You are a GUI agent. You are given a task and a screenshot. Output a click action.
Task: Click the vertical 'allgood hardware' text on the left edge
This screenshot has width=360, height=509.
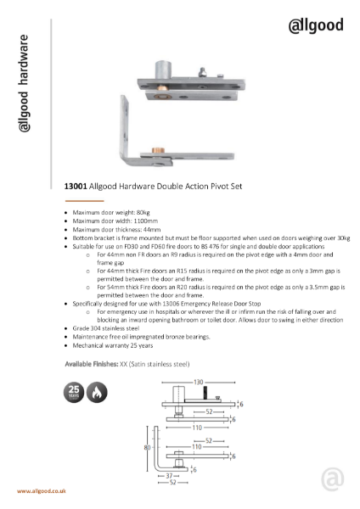[x=25, y=84]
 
